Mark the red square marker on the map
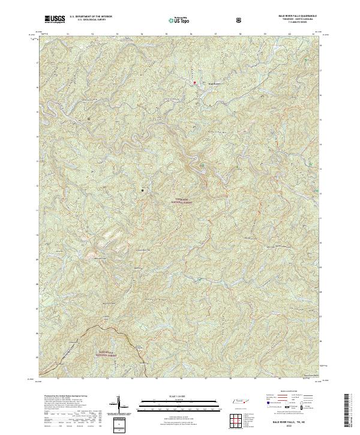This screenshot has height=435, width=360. coord(194,82)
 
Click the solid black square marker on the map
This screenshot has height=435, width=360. coord(142,190)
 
